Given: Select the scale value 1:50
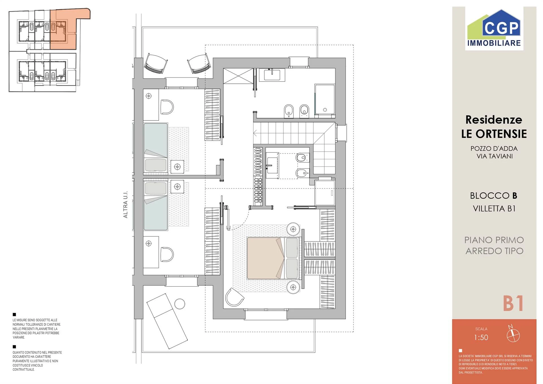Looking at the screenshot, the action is tap(481, 337).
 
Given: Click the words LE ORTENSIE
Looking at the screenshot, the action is tap(494, 134).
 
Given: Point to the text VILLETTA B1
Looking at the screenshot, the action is tap(494, 208).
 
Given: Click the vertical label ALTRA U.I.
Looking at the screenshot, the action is tap(125, 204).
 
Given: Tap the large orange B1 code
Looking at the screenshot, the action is tap(513, 303).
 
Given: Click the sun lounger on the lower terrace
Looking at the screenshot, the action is tap(167, 321).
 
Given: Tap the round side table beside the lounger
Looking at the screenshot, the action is tap(180, 304).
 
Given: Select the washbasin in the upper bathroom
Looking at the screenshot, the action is tap(272, 75).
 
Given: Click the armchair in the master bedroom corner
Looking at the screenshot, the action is tap(234, 297).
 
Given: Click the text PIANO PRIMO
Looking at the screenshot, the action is tap(494, 240).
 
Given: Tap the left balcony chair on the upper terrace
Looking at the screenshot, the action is tap(156, 64).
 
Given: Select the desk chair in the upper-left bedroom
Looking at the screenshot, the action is tap(167, 107).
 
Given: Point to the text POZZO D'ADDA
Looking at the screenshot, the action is tap(494, 148).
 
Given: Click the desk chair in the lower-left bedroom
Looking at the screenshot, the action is tap(167, 254).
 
